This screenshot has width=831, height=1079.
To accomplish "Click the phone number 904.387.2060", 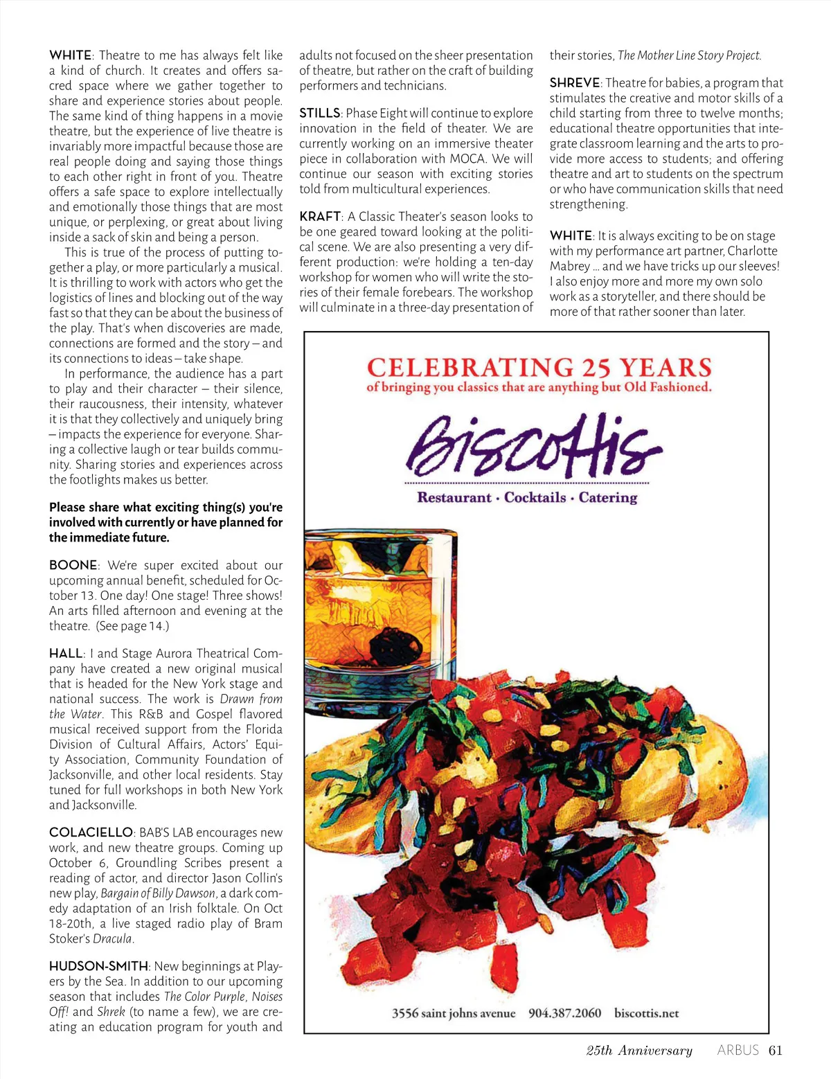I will [x=564, y=1013].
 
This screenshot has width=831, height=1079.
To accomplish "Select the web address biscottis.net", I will [x=646, y=1013].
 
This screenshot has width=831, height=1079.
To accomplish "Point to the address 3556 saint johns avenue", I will [x=454, y=1013].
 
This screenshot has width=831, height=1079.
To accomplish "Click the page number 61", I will [x=776, y=1050].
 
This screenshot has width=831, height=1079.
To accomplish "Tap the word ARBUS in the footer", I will [x=738, y=1050].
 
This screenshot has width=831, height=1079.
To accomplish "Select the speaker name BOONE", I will [x=73, y=565].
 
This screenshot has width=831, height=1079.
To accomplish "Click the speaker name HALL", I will [x=66, y=653].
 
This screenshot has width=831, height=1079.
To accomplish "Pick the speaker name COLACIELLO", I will [x=91, y=832].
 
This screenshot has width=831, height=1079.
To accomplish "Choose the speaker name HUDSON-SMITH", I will [x=98, y=966].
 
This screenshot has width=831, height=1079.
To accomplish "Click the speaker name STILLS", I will [x=319, y=113].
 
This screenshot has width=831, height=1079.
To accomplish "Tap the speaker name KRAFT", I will [x=320, y=216].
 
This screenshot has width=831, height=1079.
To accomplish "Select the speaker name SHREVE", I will [x=575, y=83].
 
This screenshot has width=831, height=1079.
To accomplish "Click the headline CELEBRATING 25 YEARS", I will [x=539, y=367].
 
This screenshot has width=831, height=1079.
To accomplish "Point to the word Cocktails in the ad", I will [x=535, y=497].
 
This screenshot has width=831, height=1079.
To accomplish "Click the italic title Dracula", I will [x=112, y=939].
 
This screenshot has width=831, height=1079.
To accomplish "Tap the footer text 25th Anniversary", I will [x=639, y=1051].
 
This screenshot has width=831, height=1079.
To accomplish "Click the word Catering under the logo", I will [x=607, y=497].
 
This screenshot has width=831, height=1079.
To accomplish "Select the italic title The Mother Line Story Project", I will [x=689, y=55].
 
